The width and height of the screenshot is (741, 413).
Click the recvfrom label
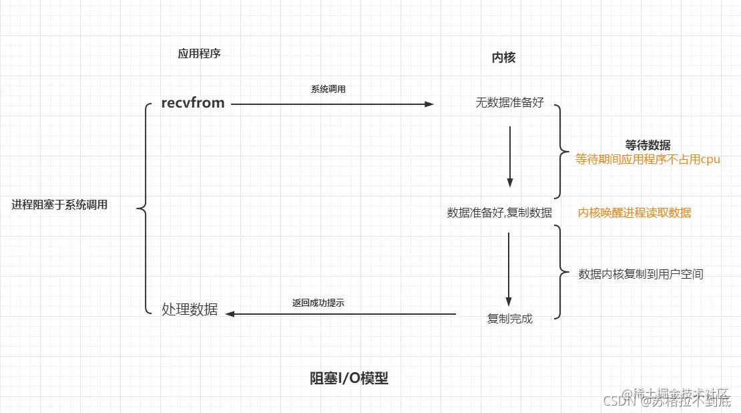coord(193,104)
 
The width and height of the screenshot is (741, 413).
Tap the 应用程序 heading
coord(199,54)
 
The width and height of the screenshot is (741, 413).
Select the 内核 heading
coord(503,58)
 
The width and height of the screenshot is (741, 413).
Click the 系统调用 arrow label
coord(328,90)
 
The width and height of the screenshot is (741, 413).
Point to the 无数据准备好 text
coord(509,104)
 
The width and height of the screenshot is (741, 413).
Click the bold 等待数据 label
coord(648,145)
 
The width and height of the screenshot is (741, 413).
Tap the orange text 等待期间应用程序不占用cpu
coord(648,160)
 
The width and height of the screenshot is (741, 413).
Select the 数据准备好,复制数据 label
coord(499,213)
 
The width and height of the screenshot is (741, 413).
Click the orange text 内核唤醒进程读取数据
coord(634,213)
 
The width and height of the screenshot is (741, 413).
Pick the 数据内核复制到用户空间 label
coord(640,274)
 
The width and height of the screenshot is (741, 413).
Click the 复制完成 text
coord(510,319)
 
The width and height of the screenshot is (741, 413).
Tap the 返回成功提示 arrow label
coord(318,303)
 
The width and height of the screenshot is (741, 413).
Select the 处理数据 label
coord(190,309)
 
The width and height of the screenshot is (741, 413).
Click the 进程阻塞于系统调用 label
coord(59,205)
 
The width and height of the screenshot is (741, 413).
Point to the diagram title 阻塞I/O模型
coord(348,378)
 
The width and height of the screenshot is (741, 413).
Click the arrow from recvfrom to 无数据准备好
coord(332,104)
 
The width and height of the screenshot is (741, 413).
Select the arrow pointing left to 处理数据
coord(340,313)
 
